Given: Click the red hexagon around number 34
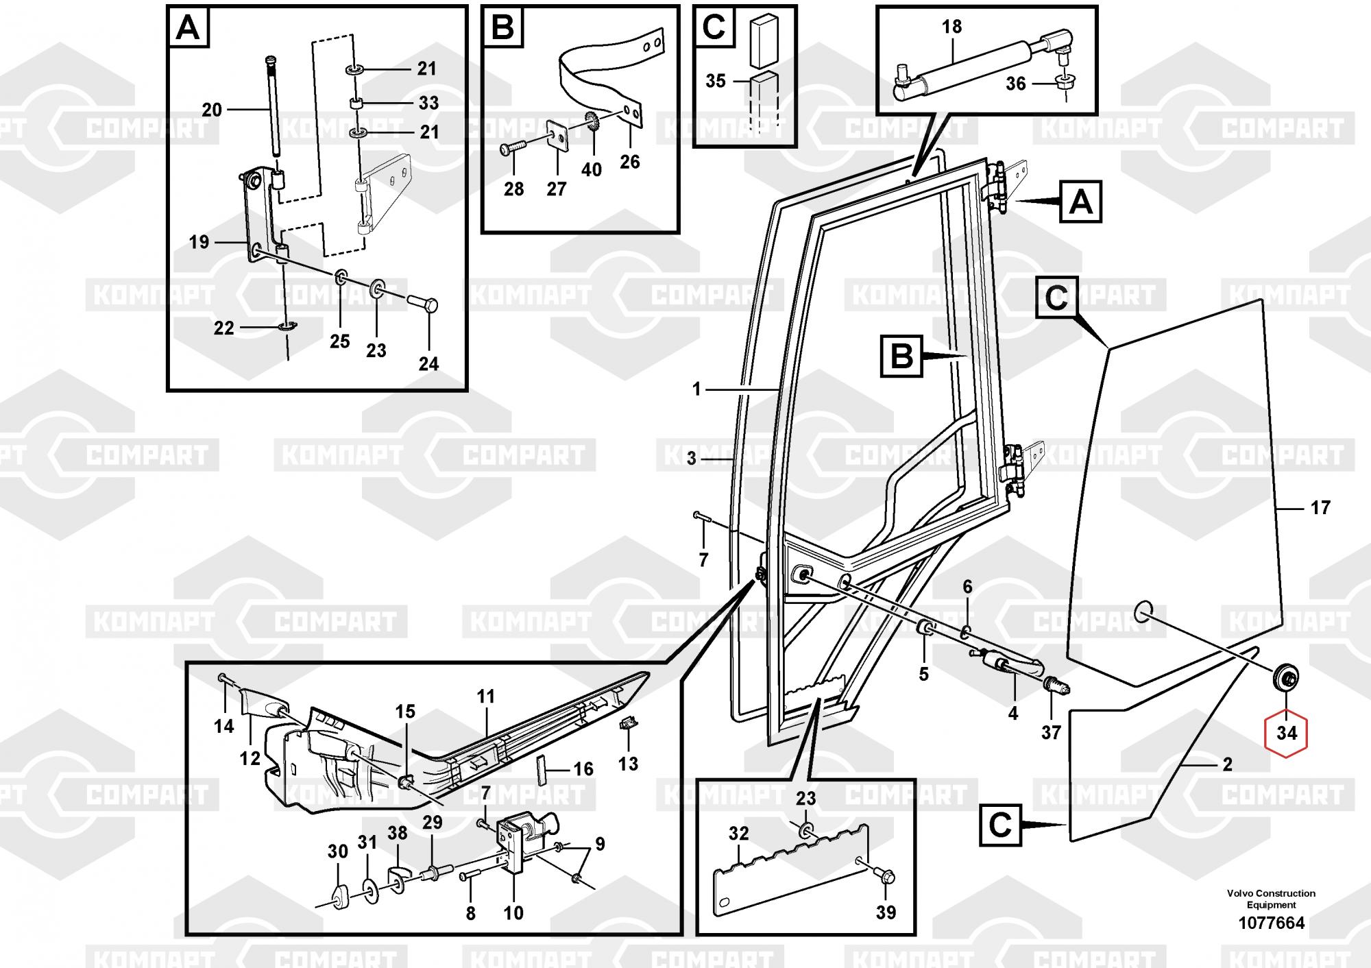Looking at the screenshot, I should (1287, 733).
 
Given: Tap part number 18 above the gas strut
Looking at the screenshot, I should (951, 27).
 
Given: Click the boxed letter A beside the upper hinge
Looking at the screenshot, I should (1080, 202).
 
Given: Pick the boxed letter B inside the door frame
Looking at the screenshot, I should (902, 356).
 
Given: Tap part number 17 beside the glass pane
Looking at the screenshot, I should (1320, 508).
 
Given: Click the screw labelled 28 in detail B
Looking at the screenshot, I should (512, 147).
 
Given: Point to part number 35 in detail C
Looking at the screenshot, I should (715, 81).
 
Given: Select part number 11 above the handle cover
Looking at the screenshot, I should (485, 697).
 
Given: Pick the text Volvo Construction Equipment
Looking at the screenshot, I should (1271, 899).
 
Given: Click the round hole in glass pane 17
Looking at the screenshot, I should (1143, 609).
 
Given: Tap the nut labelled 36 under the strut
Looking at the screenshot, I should (1065, 84).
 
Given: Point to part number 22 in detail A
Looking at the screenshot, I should (223, 328).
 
